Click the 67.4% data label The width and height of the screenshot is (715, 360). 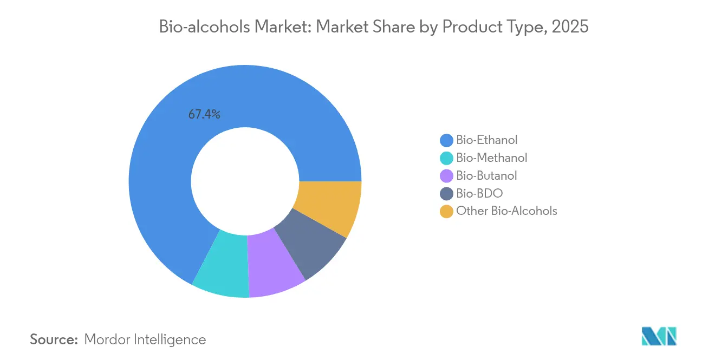[x=204, y=114]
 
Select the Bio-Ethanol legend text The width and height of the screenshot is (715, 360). [x=486, y=140]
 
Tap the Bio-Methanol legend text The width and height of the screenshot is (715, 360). [x=491, y=158]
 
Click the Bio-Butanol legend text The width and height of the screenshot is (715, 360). [x=486, y=175]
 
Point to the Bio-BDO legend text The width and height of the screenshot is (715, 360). [x=479, y=193]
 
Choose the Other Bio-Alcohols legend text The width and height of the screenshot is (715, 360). [x=506, y=211]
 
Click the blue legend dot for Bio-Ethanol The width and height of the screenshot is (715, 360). [x=446, y=141]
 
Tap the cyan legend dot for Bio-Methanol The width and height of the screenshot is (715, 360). [x=446, y=158]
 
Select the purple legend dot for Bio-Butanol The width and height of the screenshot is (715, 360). [x=446, y=176]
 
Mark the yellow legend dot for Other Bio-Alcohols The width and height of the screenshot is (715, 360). [x=446, y=211]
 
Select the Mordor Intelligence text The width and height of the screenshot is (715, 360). [x=145, y=339]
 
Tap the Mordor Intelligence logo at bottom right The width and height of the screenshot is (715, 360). [x=659, y=336]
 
